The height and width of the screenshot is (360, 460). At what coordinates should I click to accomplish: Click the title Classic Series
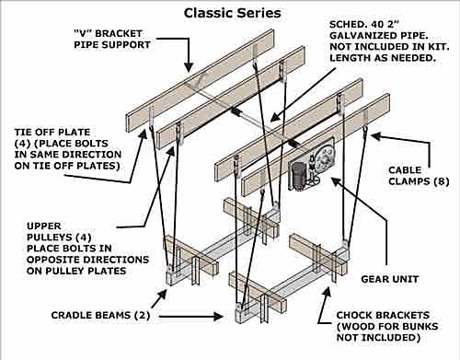[x=232, y=13]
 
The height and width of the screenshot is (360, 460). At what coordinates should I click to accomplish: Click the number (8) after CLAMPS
[x=442, y=181]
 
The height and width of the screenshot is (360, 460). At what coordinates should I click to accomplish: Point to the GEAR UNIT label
[x=390, y=279]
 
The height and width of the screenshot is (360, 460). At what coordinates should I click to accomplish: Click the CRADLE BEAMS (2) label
[x=100, y=315]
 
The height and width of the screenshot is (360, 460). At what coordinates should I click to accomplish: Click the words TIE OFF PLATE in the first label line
[x=52, y=133]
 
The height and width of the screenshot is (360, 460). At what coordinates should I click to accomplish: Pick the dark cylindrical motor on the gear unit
[x=297, y=174]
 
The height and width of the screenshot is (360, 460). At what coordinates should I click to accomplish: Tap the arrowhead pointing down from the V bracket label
[x=189, y=67]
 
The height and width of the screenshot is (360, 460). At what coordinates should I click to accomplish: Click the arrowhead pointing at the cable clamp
[x=376, y=136]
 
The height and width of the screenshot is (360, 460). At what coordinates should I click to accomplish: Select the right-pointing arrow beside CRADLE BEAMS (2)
[x=190, y=316]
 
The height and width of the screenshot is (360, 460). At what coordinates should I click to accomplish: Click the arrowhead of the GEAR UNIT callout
[x=336, y=182]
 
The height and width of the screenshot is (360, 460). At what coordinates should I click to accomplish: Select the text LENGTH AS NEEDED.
[x=383, y=58]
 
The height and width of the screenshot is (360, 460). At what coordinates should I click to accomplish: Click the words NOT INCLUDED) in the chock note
[x=378, y=337]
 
